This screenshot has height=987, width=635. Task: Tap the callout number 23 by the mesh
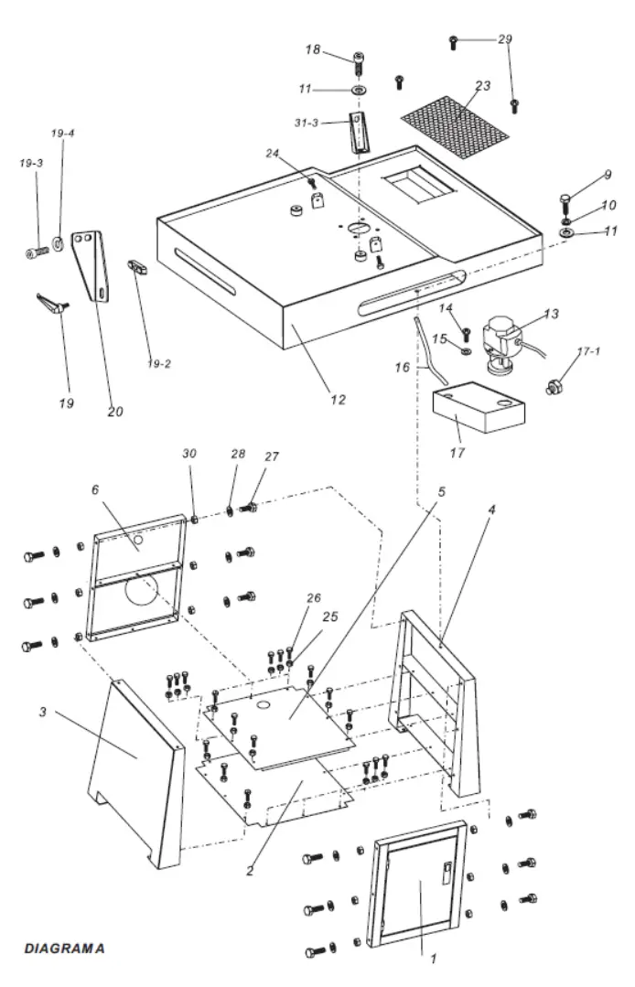pos(482,86)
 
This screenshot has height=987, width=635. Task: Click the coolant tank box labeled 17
pos(479,409)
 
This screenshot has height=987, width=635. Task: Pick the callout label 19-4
pos(63,134)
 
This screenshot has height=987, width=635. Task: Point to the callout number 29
pos(505,39)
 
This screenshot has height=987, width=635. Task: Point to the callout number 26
pos(314,599)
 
